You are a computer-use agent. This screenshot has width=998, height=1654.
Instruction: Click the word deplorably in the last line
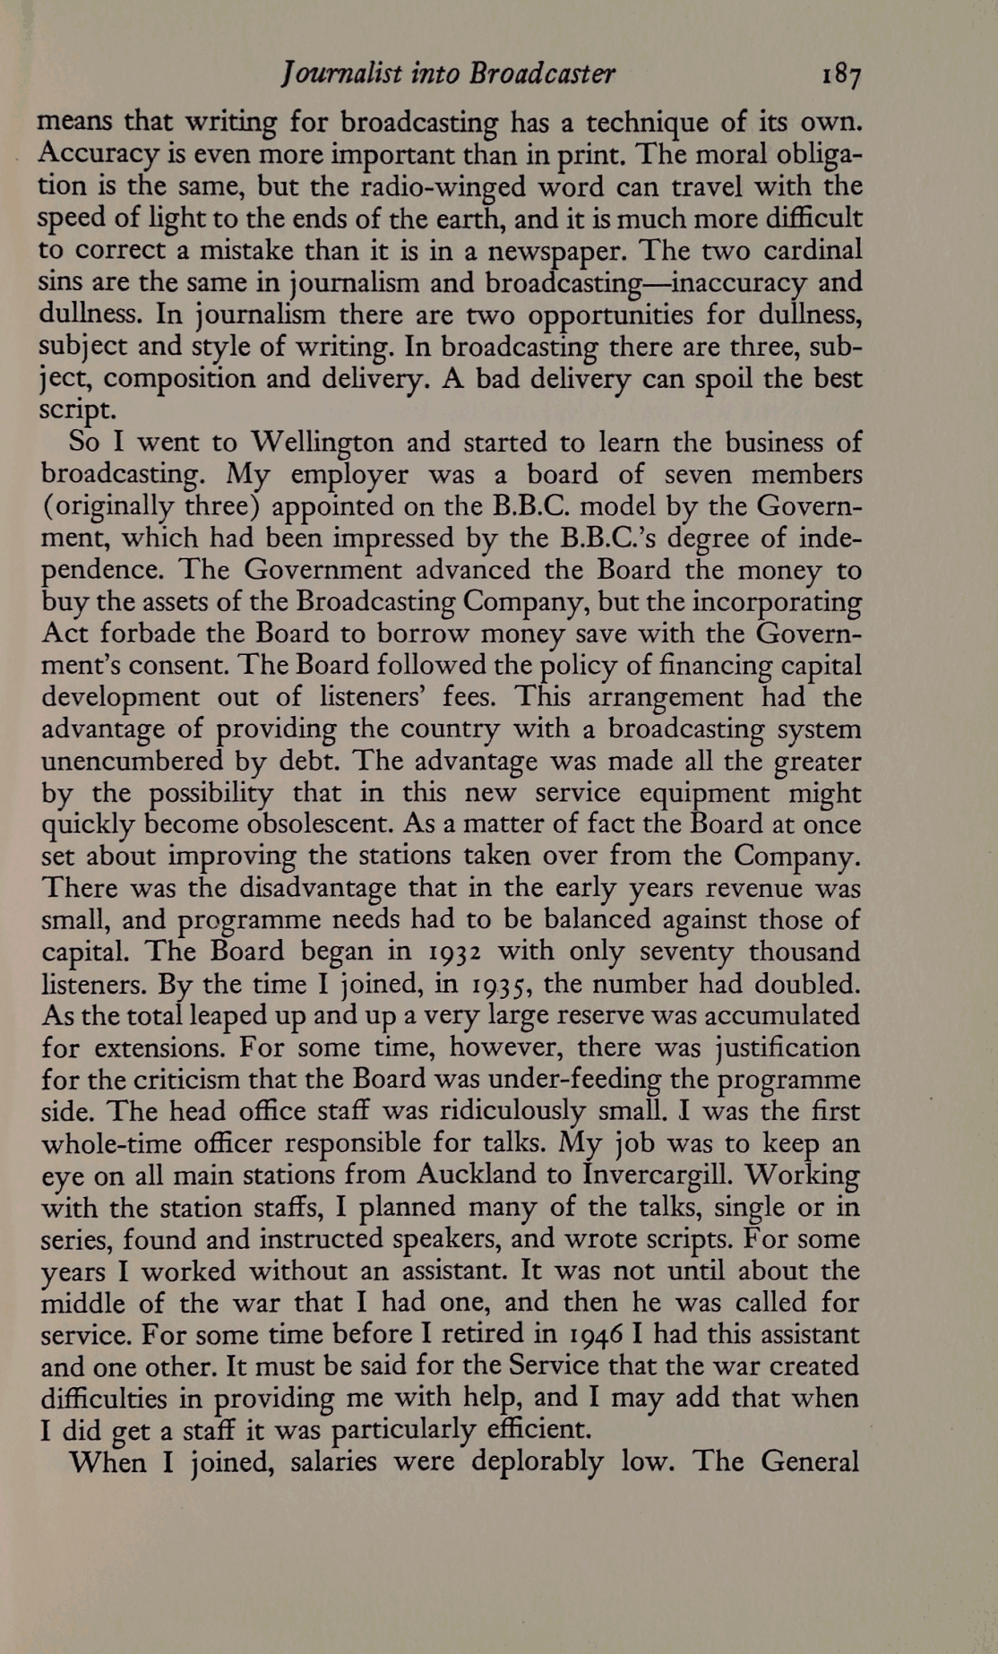tap(537, 1462)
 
